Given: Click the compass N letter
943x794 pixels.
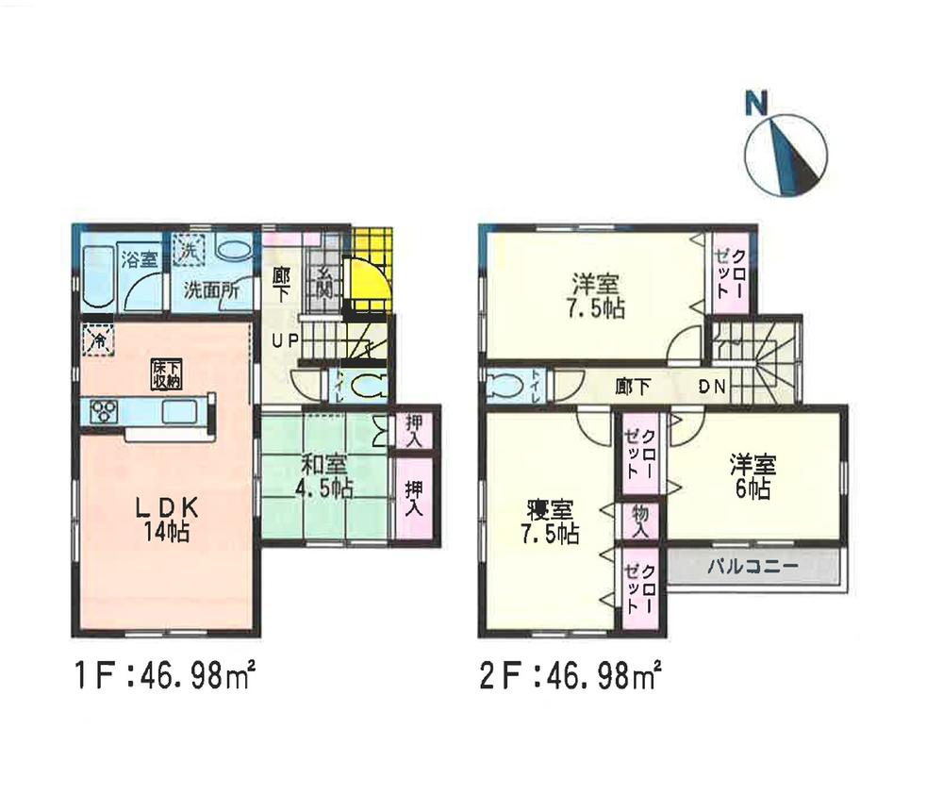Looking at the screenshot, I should click(753, 104).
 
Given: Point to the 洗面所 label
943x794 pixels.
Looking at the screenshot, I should click(210, 289).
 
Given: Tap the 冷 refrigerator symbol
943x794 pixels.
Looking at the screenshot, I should click(97, 339).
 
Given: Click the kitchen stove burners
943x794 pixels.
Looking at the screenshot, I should click(103, 412).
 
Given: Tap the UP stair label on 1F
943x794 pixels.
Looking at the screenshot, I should click(285, 341).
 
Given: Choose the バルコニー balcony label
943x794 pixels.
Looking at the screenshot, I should click(753, 567).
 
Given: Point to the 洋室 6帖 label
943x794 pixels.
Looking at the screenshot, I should click(752, 476).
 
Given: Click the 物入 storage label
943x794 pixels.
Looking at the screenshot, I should click(641, 521).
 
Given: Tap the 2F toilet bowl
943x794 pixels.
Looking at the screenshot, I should click(507, 387).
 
